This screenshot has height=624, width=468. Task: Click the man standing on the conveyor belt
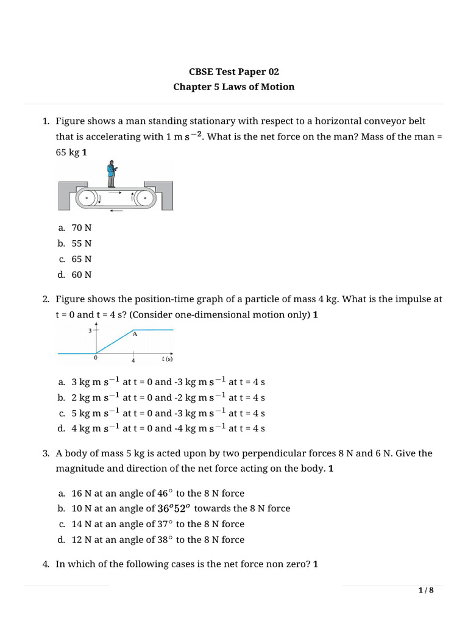(111, 174)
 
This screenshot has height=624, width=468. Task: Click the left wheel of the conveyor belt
(88, 198)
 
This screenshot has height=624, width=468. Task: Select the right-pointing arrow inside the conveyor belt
(116, 193)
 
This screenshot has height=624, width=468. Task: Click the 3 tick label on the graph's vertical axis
(90, 331)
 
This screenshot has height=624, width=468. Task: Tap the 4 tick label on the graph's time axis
(133, 360)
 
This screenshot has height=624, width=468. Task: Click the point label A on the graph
(135, 334)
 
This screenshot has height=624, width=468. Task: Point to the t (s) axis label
(168, 359)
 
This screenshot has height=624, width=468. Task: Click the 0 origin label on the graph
(96, 358)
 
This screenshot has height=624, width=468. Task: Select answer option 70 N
(81, 227)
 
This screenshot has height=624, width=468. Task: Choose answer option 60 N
(81, 274)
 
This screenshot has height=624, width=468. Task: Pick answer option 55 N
(81, 243)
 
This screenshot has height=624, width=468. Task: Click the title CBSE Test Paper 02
(233, 71)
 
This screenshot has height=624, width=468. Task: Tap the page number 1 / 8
(426, 590)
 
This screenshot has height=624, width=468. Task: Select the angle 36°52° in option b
(174, 508)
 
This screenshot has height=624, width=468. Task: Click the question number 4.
(46, 564)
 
